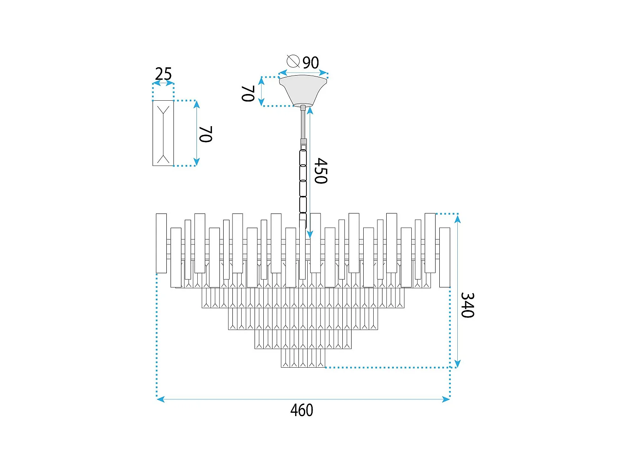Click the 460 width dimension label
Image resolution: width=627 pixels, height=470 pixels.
point(301,410)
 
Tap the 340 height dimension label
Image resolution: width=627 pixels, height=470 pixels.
point(467,305)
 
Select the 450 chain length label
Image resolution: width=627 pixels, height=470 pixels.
point(321,171)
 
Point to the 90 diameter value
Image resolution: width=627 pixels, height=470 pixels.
point(311,63)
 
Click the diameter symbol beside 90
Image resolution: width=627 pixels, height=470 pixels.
point(293,61)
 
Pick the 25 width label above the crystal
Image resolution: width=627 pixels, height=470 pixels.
point(163,74)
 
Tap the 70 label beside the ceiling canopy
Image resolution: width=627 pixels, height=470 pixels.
point(248,94)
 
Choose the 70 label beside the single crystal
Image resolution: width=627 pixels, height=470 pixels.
point(206,134)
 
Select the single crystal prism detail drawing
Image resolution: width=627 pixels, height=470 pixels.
point(163,133)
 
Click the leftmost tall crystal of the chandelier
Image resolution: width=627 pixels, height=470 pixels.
point(161,243)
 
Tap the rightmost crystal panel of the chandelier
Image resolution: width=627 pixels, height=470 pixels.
point(445,257)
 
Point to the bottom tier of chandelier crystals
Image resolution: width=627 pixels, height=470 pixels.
point(303,358)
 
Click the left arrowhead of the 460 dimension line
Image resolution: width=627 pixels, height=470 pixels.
point(160,399)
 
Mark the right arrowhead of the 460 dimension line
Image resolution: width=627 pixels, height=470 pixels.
point(446,399)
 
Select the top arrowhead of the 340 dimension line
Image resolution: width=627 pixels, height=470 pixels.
point(458,217)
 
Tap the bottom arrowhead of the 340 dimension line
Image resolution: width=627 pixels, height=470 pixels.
point(458,364)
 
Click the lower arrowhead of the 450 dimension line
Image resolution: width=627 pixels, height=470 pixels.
point(309,235)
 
